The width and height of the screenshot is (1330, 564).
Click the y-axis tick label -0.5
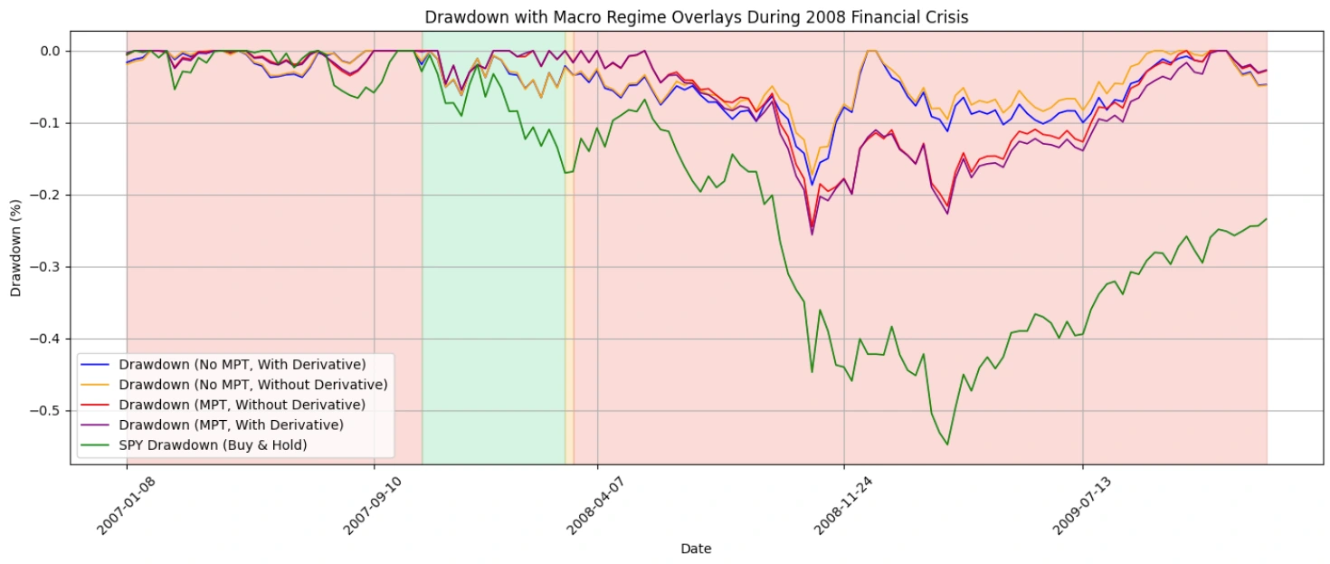coord(44,411)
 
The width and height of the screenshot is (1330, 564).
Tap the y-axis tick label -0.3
coord(44,267)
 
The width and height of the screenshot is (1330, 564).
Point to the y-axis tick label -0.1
coord(44,123)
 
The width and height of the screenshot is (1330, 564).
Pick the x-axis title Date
coord(696,549)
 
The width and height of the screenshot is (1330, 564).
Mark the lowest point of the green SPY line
coord(947,444)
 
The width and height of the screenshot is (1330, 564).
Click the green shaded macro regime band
coord(493,272)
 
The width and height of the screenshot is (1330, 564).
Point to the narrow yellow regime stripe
coord(569,272)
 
